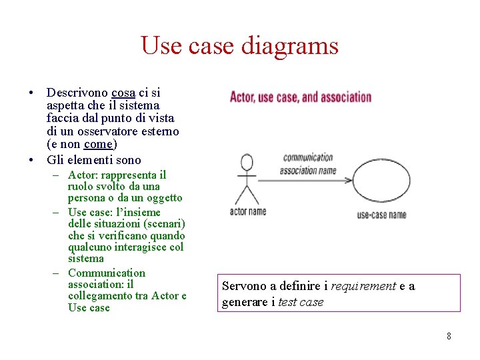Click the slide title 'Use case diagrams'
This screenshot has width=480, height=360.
(239, 46)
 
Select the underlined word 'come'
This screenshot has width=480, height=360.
(99, 144)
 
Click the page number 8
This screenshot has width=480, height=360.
(449, 336)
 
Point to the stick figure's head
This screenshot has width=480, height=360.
(246, 162)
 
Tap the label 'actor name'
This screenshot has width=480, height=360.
(247, 211)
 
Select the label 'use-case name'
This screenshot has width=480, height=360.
(381, 215)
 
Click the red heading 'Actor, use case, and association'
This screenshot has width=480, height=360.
(300, 97)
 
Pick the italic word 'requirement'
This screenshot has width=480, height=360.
(364, 286)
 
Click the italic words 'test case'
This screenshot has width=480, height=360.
(300, 302)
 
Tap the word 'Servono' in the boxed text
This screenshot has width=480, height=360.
(244, 286)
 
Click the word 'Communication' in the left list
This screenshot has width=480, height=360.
(106, 273)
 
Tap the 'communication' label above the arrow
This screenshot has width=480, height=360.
(307, 158)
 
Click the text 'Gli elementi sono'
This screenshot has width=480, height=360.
(94, 159)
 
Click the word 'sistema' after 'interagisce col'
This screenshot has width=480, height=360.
(86, 258)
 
